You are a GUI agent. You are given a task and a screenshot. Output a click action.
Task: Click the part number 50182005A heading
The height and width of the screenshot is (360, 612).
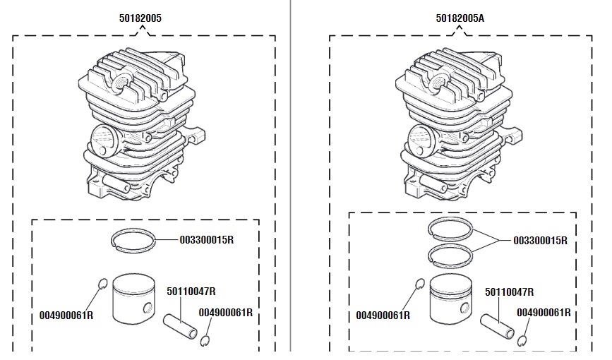point(460,19)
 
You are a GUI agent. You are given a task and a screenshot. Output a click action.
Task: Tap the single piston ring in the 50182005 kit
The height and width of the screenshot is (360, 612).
point(135,240)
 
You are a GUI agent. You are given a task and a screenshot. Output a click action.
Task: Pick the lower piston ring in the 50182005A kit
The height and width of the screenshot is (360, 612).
point(452,253)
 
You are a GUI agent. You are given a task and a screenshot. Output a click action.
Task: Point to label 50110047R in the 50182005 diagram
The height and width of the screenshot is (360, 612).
point(191,291)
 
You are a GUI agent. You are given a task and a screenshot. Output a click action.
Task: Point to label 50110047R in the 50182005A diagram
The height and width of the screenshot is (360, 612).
point(509,292)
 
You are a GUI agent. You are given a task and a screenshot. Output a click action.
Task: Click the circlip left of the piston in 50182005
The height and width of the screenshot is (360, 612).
point(101,284)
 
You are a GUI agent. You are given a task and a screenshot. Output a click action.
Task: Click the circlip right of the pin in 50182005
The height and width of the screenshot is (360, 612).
point(205,341)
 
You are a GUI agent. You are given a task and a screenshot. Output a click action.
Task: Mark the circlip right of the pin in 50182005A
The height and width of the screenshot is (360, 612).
point(523,341)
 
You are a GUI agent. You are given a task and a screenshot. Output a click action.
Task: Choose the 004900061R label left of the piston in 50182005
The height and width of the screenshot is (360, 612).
point(66,316)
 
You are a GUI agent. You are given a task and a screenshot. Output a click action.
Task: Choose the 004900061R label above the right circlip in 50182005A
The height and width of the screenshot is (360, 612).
point(544,313)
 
